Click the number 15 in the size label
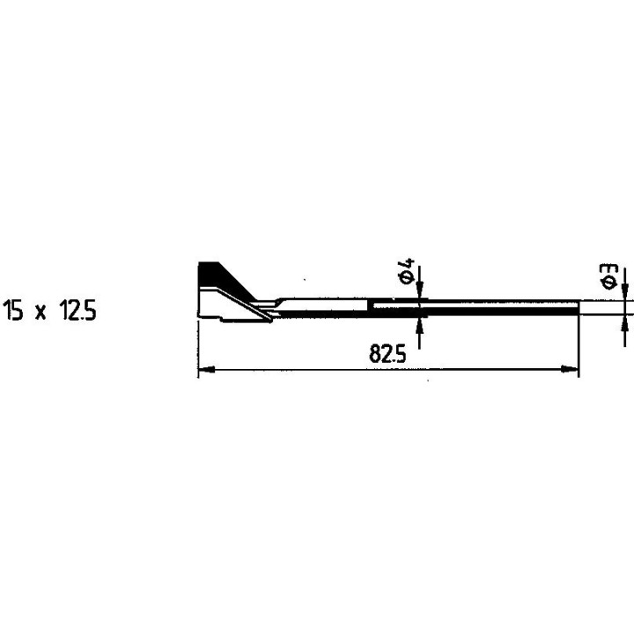(13, 311)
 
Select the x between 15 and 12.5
(41, 312)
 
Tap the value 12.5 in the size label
(78, 311)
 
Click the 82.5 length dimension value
(387, 354)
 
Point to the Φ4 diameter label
(407, 271)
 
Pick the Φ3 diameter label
(608, 276)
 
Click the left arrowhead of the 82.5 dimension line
(206, 369)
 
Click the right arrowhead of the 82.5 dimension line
(570, 369)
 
